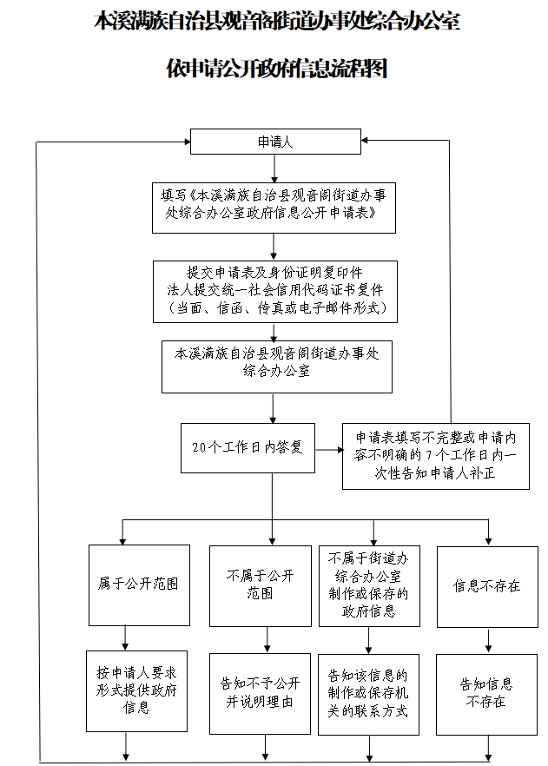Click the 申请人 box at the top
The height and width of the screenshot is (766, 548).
click(275, 142)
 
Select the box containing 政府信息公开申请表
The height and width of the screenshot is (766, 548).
click(274, 208)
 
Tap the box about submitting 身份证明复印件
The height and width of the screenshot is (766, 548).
click(275, 292)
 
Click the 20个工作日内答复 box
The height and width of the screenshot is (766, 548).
click(248, 448)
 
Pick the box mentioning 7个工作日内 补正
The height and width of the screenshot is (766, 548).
click(436, 456)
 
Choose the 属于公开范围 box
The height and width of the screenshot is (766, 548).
click(139, 585)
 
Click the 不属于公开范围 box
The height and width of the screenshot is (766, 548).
click(261, 586)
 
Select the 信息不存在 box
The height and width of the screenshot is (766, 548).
click(487, 587)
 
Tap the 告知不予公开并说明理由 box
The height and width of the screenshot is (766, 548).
click(260, 694)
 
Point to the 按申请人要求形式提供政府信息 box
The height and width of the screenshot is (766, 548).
click(136, 691)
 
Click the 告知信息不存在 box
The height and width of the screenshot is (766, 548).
click(486, 695)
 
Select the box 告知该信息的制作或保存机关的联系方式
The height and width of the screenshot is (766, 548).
click(369, 695)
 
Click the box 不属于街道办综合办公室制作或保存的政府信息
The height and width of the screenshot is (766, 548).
click(369, 586)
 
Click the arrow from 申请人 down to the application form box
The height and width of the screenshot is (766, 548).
click(274, 168)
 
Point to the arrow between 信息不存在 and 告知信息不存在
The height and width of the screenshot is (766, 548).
click(488, 641)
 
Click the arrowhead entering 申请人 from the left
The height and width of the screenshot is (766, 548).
click(187, 142)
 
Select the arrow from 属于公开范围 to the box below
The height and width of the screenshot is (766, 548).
click(126, 638)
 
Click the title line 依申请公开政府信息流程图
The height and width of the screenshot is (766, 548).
click(276, 69)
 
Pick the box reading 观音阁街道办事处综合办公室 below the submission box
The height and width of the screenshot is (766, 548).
click(277, 366)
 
